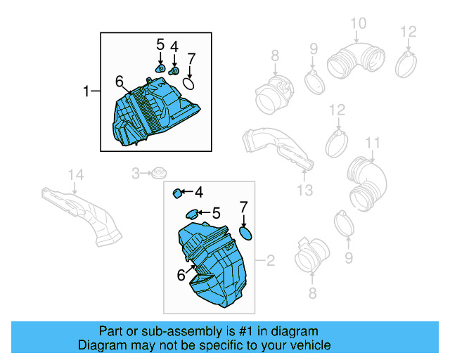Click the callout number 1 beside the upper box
[87, 91]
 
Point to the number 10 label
[358, 25]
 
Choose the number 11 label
[372, 143]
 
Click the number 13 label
[304, 191]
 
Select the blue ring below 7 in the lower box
[246, 233]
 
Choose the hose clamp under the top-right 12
[409, 65]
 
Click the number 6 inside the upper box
[119, 82]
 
